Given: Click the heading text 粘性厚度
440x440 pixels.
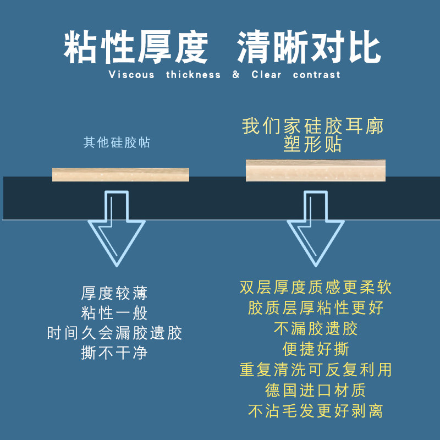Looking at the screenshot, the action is click(x=136, y=47).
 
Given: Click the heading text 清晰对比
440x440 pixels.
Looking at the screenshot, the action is click(x=309, y=47).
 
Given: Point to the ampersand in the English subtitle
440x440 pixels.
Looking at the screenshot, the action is click(x=236, y=75).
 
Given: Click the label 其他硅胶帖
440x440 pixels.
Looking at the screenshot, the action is click(x=117, y=143).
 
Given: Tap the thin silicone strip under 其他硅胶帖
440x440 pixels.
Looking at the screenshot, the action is click(x=120, y=174).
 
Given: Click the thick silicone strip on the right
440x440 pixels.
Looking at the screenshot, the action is click(x=316, y=170).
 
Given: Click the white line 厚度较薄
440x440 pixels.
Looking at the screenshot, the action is click(x=114, y=293).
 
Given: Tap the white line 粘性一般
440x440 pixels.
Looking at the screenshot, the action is click(x=114, y=313).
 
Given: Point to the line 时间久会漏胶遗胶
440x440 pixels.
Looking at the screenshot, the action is click(x=114, y=333).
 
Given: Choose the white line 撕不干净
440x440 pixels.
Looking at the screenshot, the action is click(x=114, y=353).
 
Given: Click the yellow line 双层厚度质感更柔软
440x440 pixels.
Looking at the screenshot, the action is click(x=316, y=288).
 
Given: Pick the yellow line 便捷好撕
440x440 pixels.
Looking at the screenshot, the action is click(x=316, y=349).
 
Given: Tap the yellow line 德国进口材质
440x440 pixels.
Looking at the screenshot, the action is click(x=316, y=390).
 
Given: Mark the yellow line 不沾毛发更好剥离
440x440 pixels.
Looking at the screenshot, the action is click(x=316, y=411).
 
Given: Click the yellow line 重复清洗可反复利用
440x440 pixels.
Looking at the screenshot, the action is click(x=316, y=370).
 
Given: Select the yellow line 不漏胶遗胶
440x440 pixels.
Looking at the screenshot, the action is click(x=316, y=328).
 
